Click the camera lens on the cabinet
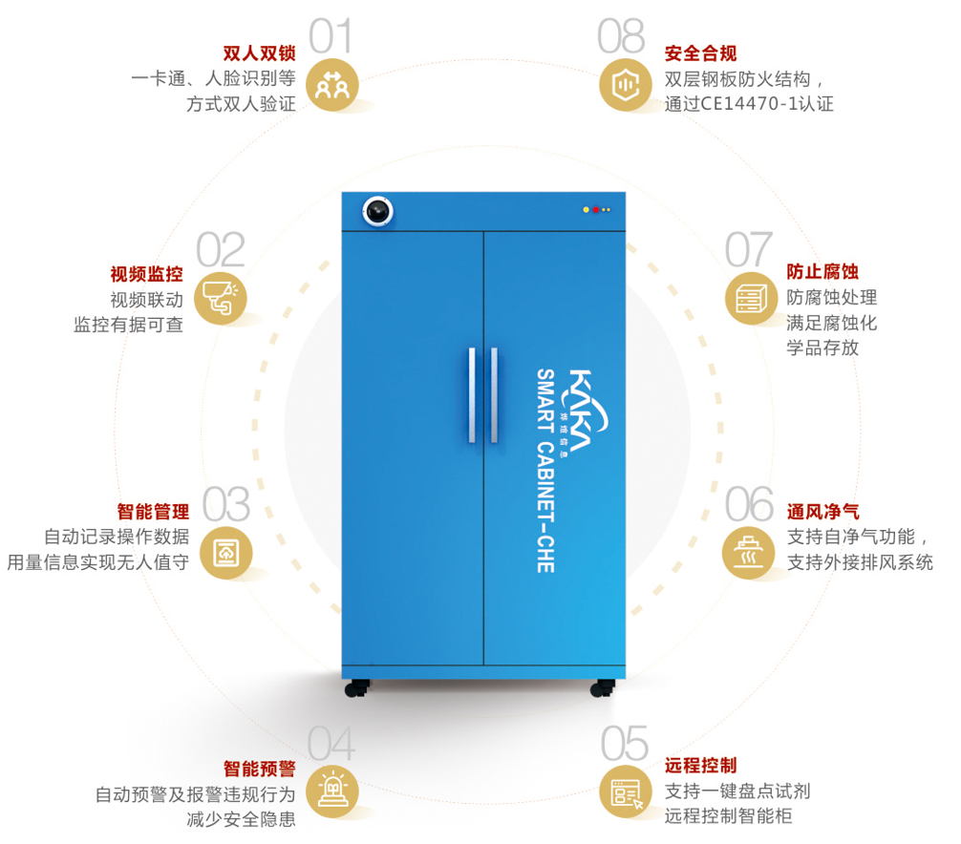pyautogui.click(x=377, y=211)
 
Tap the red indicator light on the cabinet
pyautogui.click(x=595, y=209)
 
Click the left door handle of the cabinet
pyautogui.click(x=471, y=395)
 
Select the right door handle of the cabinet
pyautogui.click(x=494, y=395)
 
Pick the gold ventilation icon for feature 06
pyautogui.click(x=747, y=551)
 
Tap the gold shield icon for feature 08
pyautogui.click(x=625, y=84)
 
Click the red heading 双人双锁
pyautogui.click(x=259, y=53)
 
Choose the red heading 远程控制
pyautogui.click(x=700, y=766)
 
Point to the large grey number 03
pyautogui.click(x=226, y=504)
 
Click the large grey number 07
pyautogui.click(x=748, y=249)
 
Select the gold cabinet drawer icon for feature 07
pyautogui.click(x=747, y=299)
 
